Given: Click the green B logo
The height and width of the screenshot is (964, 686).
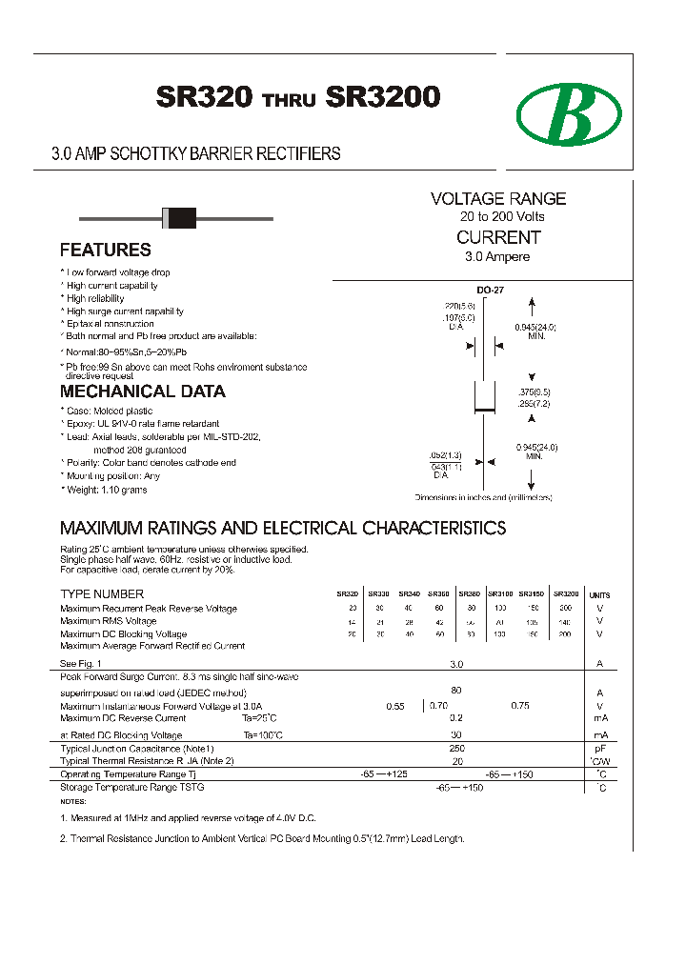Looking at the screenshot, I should (x=569, y=114).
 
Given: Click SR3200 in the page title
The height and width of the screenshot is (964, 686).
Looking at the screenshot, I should (x=383, y=97).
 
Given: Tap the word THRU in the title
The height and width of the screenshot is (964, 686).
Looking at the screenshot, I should (x=289, y=100).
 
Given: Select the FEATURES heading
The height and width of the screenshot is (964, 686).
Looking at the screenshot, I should (x=105, y=251).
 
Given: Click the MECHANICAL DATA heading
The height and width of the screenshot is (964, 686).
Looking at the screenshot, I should (x=143, y=392).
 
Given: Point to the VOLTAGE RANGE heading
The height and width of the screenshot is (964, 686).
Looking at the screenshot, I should (x=498, y=199).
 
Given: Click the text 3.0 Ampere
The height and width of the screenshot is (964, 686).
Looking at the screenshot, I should (x=497, y=257).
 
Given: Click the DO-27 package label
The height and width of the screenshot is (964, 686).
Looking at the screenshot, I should (x=490, y=291).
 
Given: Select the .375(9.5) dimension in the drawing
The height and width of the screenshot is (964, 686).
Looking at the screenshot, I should (x=534, y=392).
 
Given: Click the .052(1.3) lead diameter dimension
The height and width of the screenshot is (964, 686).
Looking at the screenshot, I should (x=445, y=455).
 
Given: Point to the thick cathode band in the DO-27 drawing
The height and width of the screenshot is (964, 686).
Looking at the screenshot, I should (x=485, y=411).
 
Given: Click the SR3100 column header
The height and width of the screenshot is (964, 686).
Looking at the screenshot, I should (x=500, y=593).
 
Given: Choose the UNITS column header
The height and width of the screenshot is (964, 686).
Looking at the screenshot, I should (x=599, y=594).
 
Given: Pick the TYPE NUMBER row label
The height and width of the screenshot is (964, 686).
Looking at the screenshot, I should (x=102, y=594).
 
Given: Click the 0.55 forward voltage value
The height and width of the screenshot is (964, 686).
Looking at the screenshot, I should (x=395, y=706).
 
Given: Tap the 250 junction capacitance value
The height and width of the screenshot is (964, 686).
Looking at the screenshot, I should (x=456, y=749).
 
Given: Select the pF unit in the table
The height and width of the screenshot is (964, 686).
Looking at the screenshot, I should (x=600, y=750).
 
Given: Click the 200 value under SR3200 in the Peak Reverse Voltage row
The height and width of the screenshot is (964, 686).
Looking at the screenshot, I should (x=565, y=608).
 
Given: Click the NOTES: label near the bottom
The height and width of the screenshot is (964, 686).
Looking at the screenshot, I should (x=72, y=802).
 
